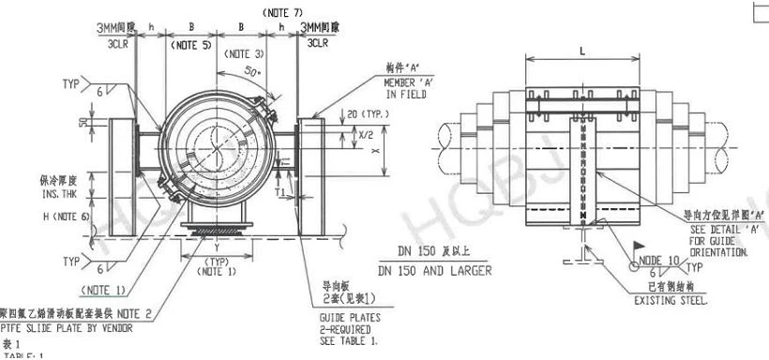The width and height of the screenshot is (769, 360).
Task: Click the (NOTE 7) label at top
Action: (x=283, y=12)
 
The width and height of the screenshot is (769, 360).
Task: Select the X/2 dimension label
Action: (x=340, y=135)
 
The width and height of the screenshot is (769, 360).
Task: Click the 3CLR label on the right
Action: (x=317, y=43)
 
